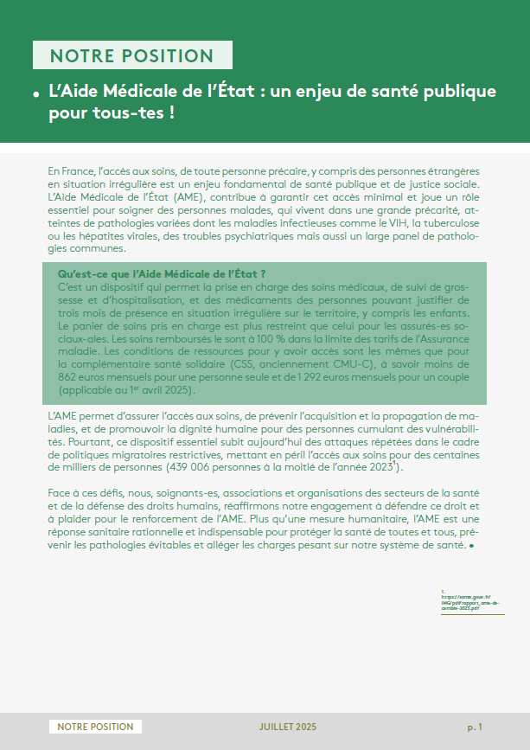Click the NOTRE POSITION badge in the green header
132,56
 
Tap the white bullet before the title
37,93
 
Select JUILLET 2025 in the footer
287,727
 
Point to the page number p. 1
475,727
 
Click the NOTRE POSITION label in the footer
95,727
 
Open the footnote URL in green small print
470,602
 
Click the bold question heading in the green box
160,274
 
